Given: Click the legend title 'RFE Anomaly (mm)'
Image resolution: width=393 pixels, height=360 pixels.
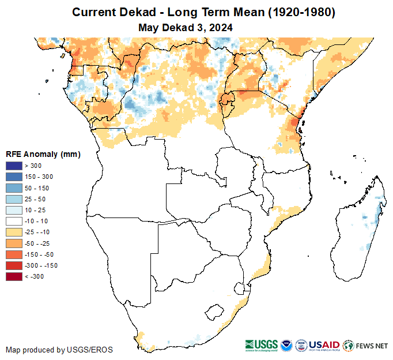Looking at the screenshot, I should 43,154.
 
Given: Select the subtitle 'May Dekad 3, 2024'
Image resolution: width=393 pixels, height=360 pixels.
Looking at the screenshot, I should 186,27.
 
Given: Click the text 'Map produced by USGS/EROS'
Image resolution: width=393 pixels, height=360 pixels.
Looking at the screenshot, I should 59,350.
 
